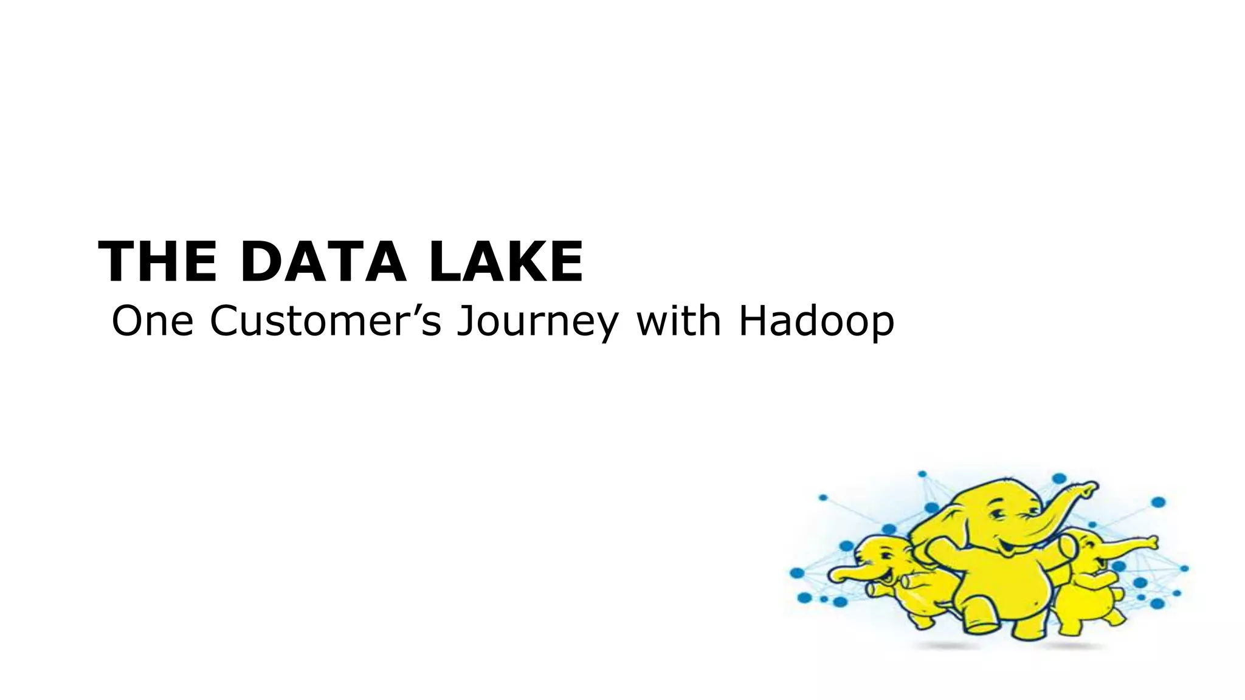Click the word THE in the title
pos(157,262)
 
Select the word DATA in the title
pos(323,262)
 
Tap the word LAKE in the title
pos(506,262)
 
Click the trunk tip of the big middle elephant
pos(1092,486)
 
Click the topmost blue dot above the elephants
pos(922,474)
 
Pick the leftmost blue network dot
pos(796,573)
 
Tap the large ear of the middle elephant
pos(939,535)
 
